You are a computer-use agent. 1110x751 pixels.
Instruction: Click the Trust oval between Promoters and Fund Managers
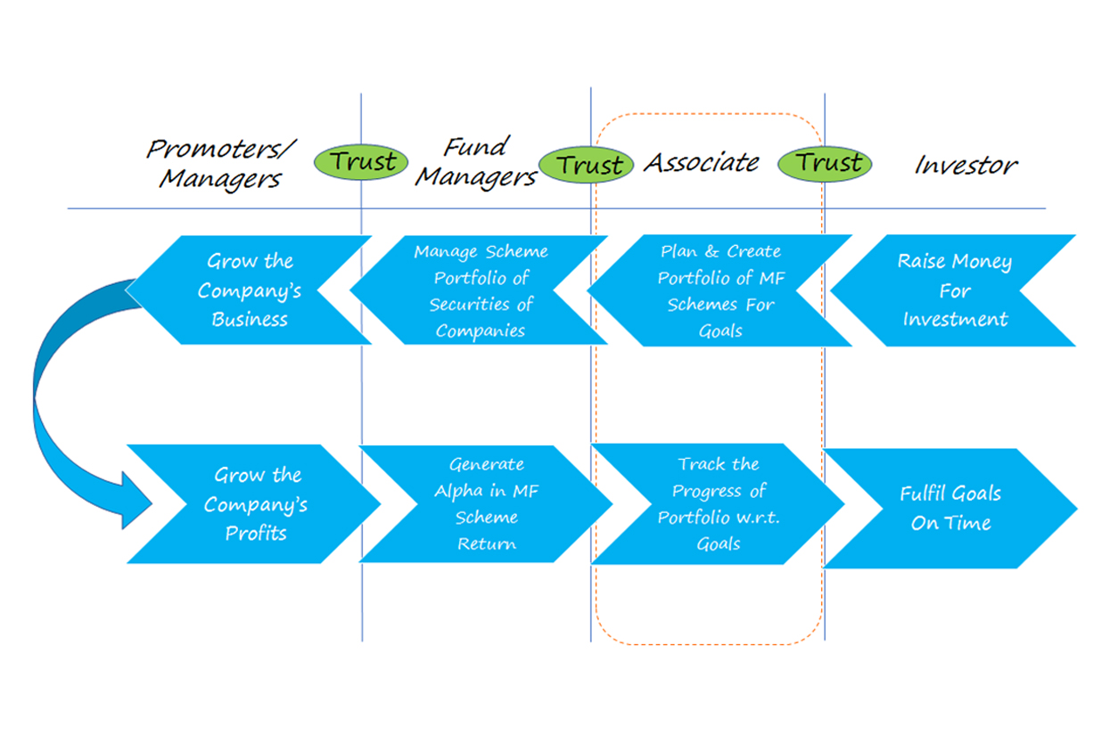pos(361,162)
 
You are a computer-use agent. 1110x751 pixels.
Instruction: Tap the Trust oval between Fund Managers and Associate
pos(587,164)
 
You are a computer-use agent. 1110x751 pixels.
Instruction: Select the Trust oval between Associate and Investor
pos(825,163)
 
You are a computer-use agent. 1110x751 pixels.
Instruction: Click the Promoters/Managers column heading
pos(221,164)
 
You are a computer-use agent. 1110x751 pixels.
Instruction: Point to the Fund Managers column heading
pos(476,162)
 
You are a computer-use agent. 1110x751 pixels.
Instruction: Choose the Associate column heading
pos(701,162)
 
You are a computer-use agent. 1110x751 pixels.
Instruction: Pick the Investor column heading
pos(966,165)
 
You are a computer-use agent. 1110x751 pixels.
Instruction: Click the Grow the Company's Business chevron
pos(248,290)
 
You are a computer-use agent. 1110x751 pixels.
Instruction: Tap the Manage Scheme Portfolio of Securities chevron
pos(479,290)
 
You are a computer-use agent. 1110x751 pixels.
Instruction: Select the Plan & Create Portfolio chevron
pos(719,290)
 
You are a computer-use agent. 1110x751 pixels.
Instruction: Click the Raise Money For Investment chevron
pos(953,290)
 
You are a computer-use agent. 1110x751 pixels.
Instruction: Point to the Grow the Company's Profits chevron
pos(254,504)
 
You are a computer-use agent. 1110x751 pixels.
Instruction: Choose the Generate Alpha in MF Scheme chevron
pos(486,504)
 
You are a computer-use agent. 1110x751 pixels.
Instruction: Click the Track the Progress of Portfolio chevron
pos(718,504)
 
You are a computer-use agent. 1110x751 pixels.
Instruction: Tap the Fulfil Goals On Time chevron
pos(950,509)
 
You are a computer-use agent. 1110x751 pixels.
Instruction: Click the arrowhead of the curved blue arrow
pos(136,501)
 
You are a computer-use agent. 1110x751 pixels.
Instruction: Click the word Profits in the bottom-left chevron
pos(256,533)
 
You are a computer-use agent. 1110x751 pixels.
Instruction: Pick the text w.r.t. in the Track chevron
pos(758,518)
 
